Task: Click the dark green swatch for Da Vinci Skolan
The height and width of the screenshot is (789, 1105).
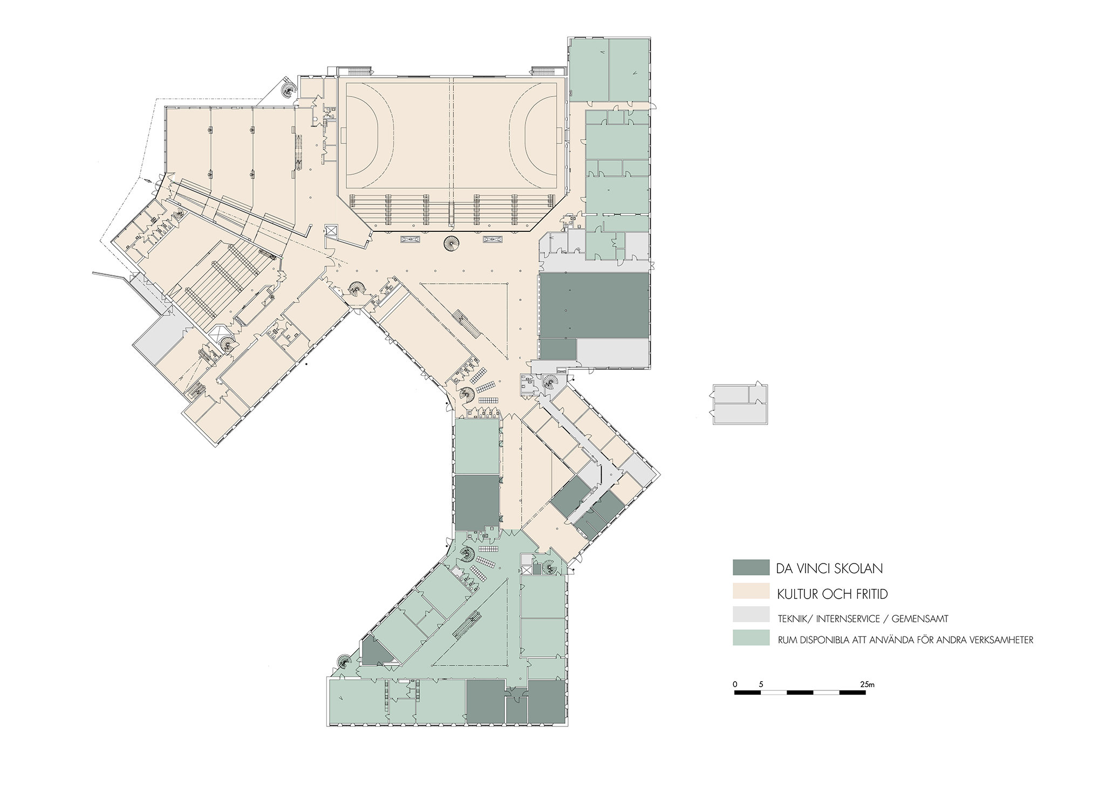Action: (751, 567)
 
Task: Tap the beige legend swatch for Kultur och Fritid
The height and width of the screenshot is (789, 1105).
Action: (751, 591)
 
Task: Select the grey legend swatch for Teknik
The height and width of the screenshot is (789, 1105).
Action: (751, 615)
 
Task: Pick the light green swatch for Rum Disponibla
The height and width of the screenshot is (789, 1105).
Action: (751, 637)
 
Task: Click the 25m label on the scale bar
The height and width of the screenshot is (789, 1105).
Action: (867, 684)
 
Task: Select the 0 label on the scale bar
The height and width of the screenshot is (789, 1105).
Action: (735, 684)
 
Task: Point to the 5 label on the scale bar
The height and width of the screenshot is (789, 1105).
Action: (761, 684)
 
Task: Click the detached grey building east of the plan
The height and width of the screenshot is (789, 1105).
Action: (740, 404)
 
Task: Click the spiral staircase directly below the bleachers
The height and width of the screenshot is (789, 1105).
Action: (451, 244)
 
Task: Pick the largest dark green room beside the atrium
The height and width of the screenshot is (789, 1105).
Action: (594, 305)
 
